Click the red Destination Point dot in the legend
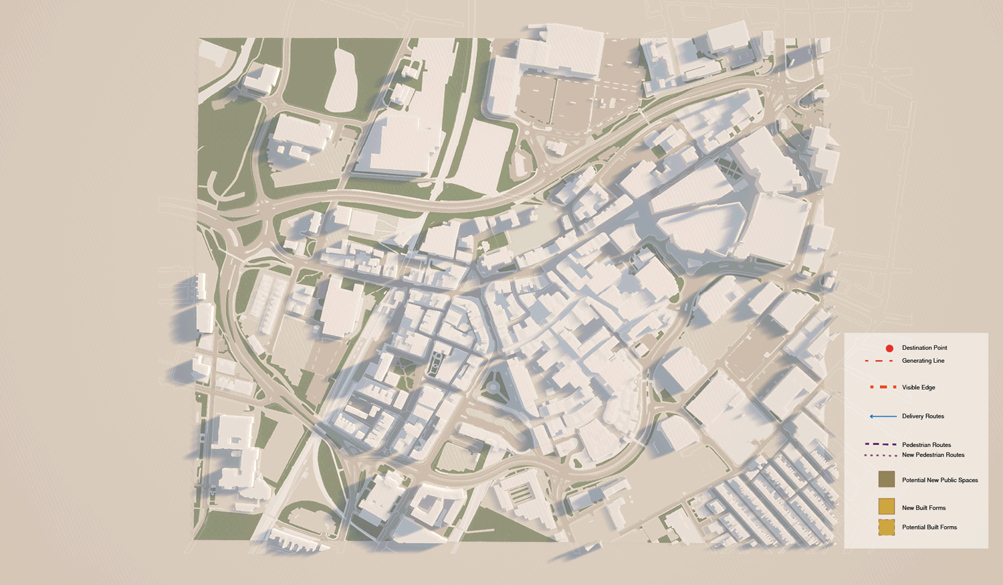(889, 348)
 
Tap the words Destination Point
(924, 348)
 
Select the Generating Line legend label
(923, 361)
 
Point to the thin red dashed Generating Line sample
(879, 361)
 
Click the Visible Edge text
(918, 388)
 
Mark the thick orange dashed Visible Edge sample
(883, 388)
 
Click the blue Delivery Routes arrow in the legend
(883, 416)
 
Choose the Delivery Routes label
(923, 416)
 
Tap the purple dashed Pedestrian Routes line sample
(880, 444)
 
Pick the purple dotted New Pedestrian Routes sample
(880, 455)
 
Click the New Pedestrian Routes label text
(933, 455)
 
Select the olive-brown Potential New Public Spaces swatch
(887, 479)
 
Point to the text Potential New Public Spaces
(939, 480)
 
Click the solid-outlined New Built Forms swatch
(887, 507)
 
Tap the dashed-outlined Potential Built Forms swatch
(887, 527)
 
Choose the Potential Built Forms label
(929, 527)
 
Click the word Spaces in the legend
(968, 480)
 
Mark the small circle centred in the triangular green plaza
(493, 387)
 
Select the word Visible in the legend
(910, 388)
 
